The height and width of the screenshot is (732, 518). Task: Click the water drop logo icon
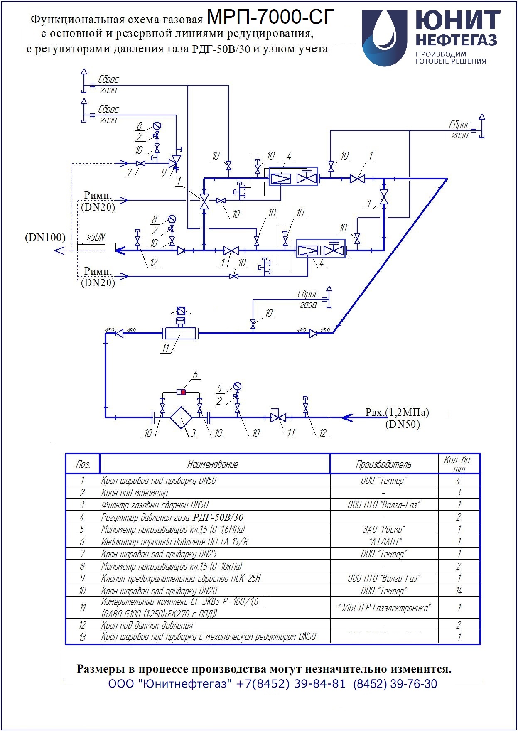384,38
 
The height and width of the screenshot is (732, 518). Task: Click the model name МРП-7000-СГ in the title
270,17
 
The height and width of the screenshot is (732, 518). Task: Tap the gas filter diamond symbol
181,418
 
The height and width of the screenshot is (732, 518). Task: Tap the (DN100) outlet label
45,237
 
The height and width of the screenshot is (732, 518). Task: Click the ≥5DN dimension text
96,237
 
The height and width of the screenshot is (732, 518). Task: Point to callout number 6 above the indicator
195,375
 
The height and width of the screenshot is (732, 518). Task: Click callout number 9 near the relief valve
164,172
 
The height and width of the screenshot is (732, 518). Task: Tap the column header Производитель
383,464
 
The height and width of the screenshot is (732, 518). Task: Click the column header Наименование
213,464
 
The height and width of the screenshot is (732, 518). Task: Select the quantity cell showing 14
459,590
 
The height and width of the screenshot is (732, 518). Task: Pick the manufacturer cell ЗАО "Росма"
383,529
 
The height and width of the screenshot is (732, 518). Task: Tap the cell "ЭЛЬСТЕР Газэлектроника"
384,608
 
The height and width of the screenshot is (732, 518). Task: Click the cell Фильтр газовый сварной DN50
155,505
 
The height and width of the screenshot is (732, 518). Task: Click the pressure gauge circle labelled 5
237,386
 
